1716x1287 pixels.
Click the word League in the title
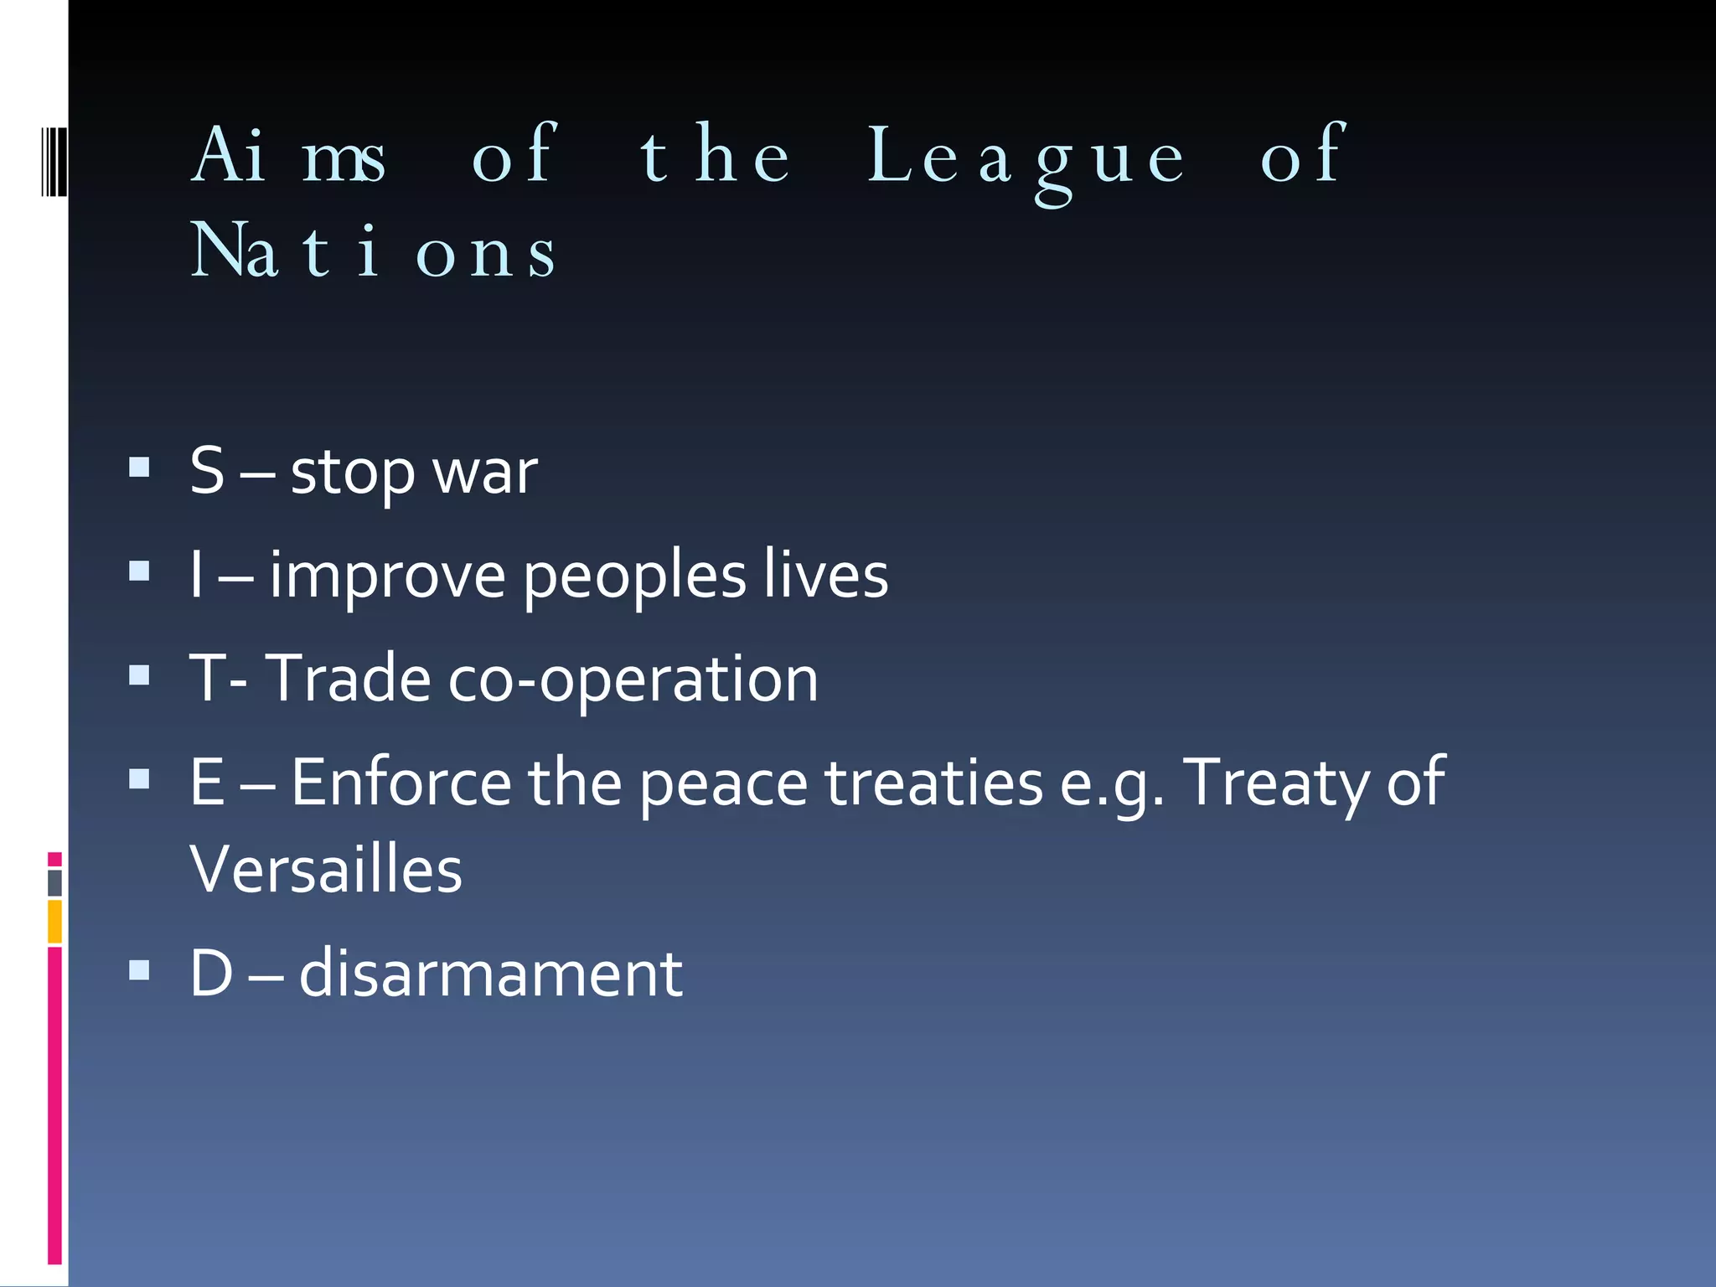[x=1026, y=158]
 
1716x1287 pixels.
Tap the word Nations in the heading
[x=373, y=251]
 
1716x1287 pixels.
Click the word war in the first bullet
[x=485, y=473]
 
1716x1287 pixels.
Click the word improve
[x=387, y=576]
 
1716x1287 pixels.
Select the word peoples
[x=634, y=576]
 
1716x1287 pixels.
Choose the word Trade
[x=348, y=679]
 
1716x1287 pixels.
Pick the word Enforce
[x=401, y=783]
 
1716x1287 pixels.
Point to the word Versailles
[x=325, y=870]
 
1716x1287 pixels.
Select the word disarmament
[x=490, y=974]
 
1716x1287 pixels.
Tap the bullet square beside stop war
[x=139, y=467]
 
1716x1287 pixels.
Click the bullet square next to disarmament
[x=139, y=970]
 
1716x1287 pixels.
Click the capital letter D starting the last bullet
[x=211, y=974]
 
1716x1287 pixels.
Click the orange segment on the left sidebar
[x=54, y=921]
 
